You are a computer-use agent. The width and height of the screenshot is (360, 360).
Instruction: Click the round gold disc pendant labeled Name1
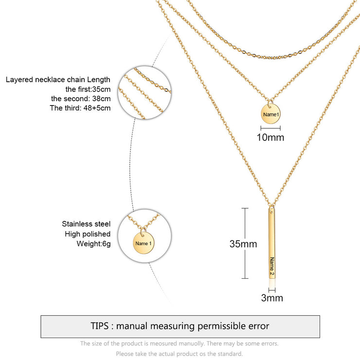[x=270, y=114]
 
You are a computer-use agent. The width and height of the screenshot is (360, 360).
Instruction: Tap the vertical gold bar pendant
[x=272, y=243]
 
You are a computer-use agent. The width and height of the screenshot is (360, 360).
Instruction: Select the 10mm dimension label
[x=270, y=137]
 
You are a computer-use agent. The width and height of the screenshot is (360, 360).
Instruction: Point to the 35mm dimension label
[x=243, y=244]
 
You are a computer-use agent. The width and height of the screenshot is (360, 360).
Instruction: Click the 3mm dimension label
[x=272, y=298]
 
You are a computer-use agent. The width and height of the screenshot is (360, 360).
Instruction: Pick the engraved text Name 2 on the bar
[x=272, y=266]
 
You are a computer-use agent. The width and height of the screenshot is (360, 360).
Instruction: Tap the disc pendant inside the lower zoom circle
[x=143, y=243]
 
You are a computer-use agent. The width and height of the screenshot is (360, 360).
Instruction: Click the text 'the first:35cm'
[x=88, y=89]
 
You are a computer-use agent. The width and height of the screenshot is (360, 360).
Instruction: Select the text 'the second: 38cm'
[x=81, y=98]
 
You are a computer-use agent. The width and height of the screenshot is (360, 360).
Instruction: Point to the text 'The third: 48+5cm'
[x=80, y=108]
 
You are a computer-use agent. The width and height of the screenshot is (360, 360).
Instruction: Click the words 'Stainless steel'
[x=86, y=224]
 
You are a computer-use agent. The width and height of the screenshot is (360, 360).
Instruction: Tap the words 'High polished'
[x=88, y=234]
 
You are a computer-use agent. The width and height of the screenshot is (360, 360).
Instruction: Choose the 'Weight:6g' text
[x=93, y=244]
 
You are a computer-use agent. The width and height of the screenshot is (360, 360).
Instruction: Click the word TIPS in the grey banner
[x=99, y=326]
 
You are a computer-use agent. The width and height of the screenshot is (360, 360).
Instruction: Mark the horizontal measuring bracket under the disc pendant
[x=270, y=128]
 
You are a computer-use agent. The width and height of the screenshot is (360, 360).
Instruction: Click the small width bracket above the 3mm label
[x=272, y=290]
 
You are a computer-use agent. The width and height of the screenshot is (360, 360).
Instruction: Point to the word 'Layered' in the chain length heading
[x=19, y=80]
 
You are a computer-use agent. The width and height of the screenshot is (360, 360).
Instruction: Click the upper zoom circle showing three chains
[x=144, y=93]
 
